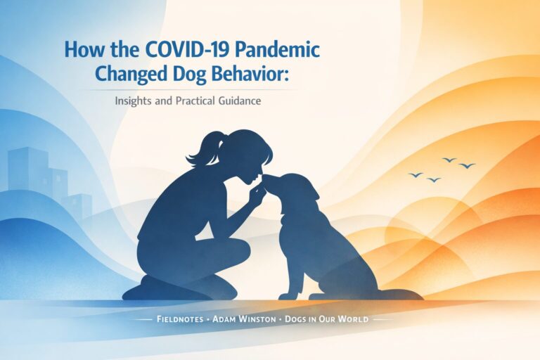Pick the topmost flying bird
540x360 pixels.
pos(449,160)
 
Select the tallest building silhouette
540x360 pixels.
pos(27,172)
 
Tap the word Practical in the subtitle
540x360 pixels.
pos(184,101)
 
